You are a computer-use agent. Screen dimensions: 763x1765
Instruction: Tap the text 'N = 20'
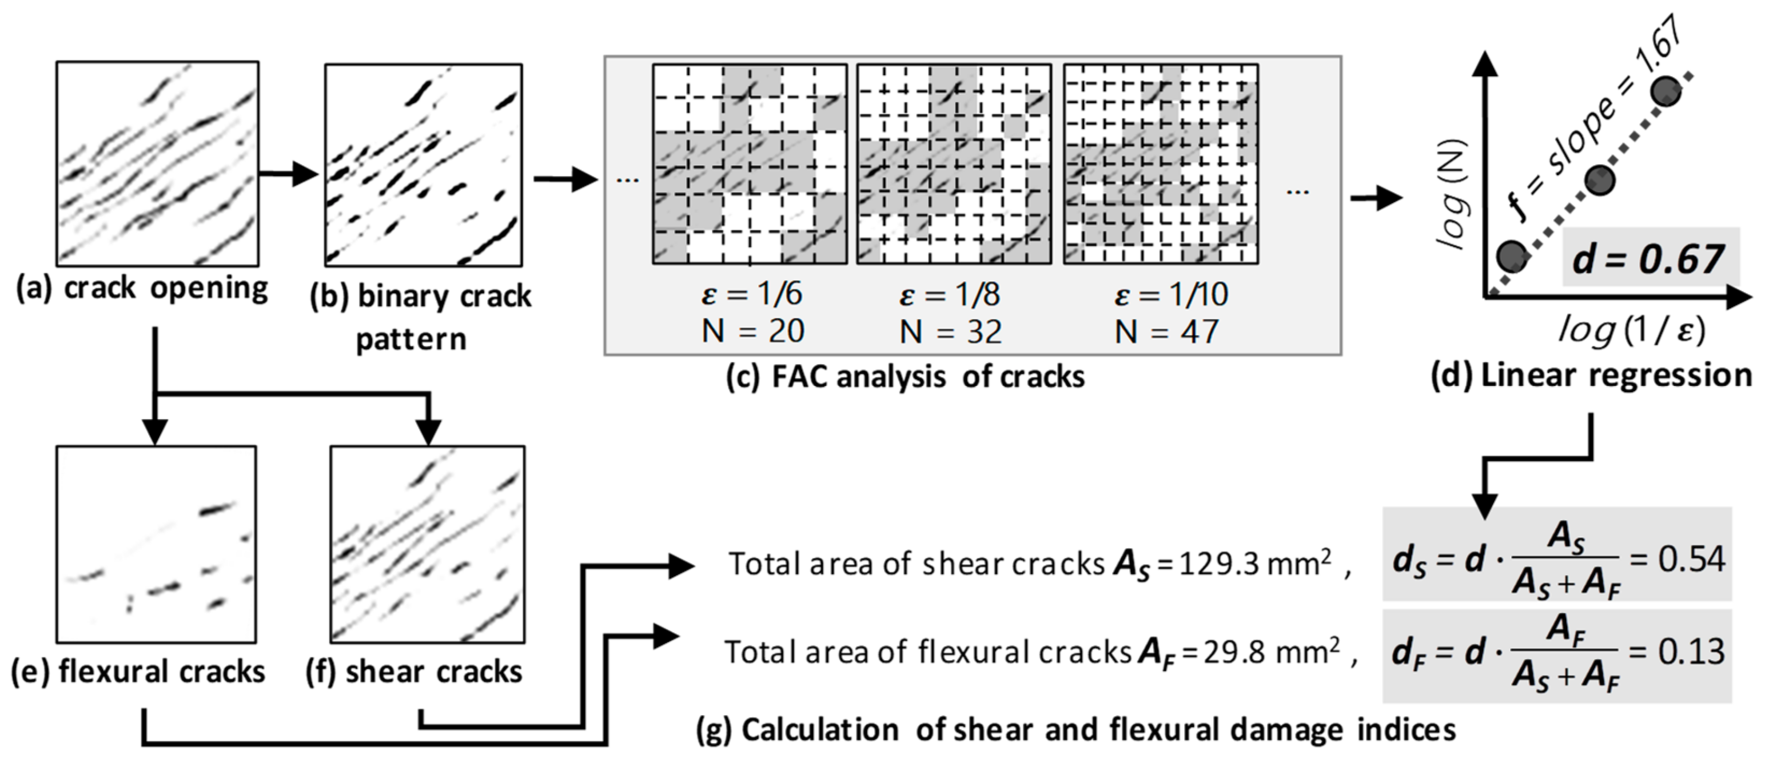pos(752,331)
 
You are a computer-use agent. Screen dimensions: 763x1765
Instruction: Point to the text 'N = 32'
pos(950,332)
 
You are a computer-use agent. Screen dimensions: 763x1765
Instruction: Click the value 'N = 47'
pos(1166,332)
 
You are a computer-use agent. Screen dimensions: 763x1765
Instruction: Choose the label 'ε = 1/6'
pos(752,294)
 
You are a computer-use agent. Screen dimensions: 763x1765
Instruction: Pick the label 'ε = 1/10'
pos(1171,294)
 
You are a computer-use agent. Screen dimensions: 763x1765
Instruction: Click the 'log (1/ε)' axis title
pos(1631,330)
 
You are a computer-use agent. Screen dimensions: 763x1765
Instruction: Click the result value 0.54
pos(1691,560)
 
